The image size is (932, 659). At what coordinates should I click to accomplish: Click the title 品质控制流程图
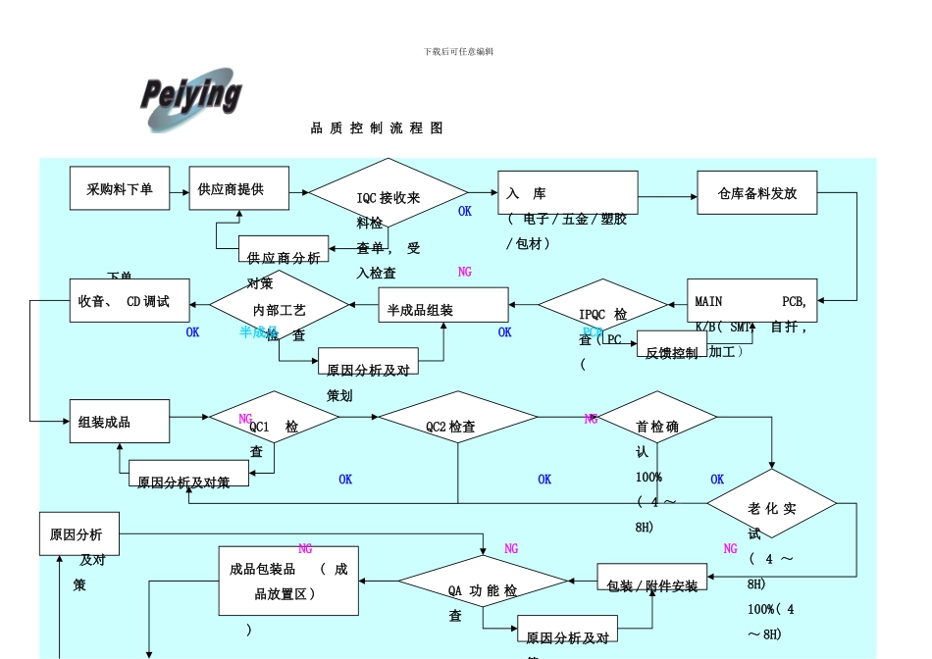(377, 128)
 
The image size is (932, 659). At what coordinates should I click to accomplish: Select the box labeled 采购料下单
(119, 188)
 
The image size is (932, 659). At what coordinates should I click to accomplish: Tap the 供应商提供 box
(239, 188)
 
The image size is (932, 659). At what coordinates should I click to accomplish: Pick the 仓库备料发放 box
(756, 193)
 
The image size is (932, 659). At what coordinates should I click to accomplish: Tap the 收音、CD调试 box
(122, 302)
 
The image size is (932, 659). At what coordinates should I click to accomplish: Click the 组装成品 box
(119, 422)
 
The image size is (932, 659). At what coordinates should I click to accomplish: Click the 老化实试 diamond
(771, 503)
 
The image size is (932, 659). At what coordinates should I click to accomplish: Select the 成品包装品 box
(288, 581)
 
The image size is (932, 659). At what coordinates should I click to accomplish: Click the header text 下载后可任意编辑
(458, 51)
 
